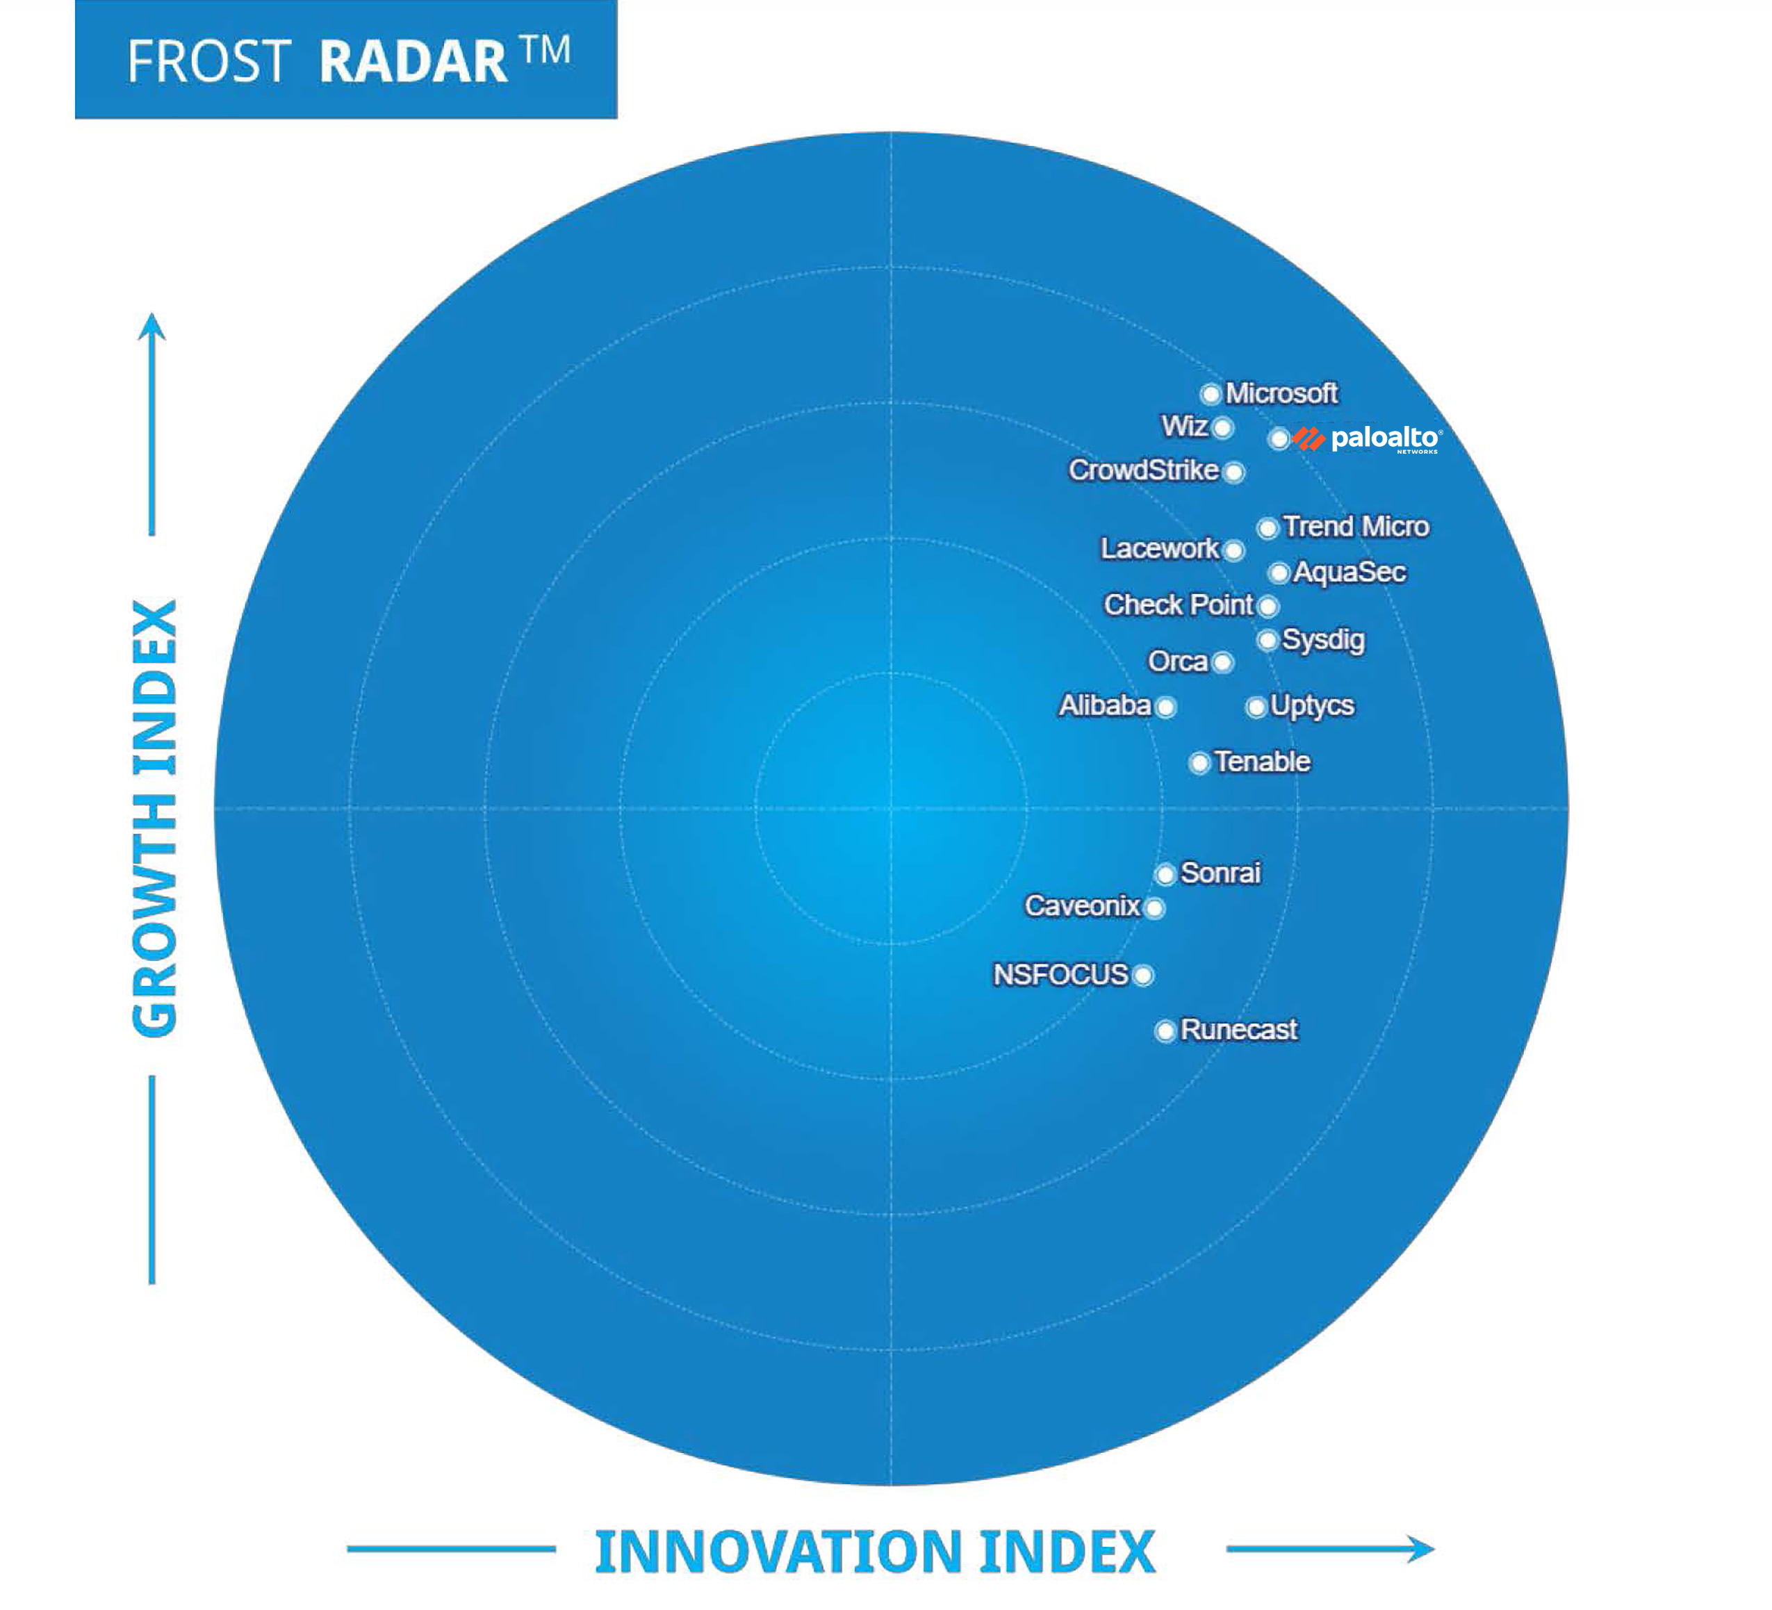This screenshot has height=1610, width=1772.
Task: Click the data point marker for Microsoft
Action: [x=1211, y=394]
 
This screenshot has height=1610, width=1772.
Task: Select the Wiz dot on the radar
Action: [x=1222, y=428]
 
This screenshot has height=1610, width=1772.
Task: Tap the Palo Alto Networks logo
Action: [x=1368, y=438]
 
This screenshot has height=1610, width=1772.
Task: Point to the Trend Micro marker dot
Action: [x=1267, y=528]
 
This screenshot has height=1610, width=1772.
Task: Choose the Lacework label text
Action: [x=1159, y=548]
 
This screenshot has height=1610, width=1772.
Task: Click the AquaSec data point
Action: [x=1279, y=573]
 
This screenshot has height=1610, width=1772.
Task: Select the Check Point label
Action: [x=1178, y=605]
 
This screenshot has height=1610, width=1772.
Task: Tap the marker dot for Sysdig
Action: [x=1267, y=641]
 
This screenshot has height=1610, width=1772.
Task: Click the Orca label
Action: [x=1177, y=661]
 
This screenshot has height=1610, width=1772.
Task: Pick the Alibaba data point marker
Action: [x=1165, y=707]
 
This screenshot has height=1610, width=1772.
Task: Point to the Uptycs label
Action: [x=1311, y=706]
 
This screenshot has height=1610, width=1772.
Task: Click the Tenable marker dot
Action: [x=1199, y=763]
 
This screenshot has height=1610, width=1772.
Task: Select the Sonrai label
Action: [x=1220, y=873]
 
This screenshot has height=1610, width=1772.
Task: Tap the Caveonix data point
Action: [x=1155, y=907]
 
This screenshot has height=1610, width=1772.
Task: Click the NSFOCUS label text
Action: [x=1060, y=975]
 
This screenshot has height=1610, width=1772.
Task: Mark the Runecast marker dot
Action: [x=1165, y=1031]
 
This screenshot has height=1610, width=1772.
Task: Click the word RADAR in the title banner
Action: [x=413, y=62]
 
